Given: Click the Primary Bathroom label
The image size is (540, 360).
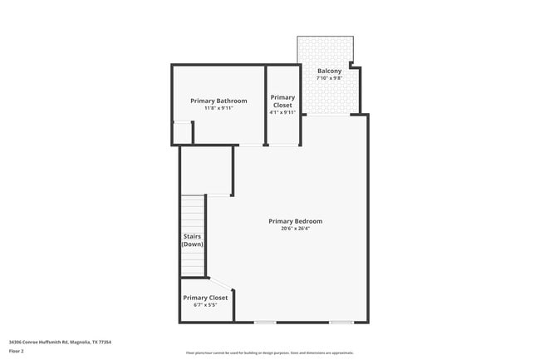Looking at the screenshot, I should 218,101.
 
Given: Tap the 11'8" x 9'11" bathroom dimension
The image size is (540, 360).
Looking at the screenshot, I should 218,108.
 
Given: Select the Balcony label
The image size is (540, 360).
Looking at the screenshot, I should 329,71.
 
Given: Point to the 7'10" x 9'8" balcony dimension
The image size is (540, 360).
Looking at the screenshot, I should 329,78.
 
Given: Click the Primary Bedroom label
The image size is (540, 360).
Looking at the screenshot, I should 295,221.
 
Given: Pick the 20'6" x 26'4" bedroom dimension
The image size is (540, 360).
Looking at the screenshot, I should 295,229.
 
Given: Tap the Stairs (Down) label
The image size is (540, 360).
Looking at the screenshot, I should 193,240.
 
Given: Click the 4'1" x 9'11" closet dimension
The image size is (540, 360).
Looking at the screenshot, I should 282,113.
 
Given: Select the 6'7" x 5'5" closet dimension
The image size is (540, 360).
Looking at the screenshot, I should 205,305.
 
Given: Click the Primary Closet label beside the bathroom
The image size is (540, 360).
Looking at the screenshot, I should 282,101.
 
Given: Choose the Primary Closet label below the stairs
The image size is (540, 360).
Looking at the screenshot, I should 205,298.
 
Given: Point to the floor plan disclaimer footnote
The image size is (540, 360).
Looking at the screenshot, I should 269,353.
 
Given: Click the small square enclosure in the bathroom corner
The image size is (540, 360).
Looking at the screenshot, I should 182,133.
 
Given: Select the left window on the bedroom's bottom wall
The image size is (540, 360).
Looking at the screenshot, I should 265,323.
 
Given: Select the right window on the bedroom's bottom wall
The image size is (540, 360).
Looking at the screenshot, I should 341,323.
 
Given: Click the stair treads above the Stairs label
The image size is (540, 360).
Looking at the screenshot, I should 193,212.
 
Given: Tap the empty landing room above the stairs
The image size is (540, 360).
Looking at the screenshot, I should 205,170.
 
